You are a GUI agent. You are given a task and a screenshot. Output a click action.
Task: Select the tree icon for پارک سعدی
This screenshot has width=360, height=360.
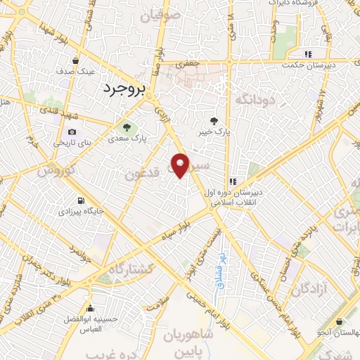click(x=127, y=128)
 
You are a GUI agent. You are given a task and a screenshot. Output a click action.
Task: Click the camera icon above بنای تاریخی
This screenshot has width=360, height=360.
click(x=71, y=131)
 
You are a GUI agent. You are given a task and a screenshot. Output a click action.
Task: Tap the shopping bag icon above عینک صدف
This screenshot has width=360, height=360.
click(x=75, y=60)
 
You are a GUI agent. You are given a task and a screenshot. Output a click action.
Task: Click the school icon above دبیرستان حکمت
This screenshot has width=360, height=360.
click(x=307, y=53)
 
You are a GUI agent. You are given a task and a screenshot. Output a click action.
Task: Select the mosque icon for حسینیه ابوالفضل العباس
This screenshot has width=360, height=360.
click(x=89, y=309)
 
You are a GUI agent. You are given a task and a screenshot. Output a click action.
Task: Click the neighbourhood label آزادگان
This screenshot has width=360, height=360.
click(x=312, y=288)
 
